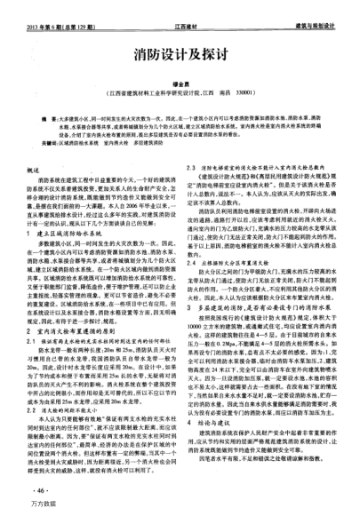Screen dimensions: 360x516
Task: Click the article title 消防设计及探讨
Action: click(x=180, y=53)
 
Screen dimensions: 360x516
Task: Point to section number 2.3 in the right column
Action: click(x=192, y=166)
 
